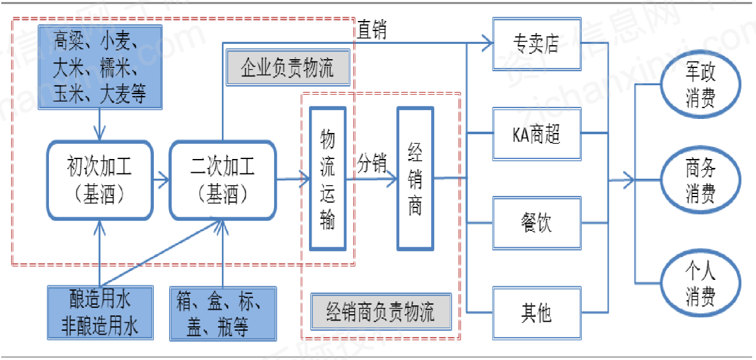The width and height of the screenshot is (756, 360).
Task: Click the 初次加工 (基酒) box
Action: point(100,181)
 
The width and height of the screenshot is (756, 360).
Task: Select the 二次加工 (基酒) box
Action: point(223,181)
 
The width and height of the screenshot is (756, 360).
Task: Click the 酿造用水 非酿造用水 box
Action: point(100,312)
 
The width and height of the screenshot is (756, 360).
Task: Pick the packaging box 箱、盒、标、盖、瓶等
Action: point(223,312)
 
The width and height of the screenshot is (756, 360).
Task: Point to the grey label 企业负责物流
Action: point(288,69)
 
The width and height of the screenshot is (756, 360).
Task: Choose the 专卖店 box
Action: point(537,44)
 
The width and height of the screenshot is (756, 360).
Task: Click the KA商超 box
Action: point(537,134)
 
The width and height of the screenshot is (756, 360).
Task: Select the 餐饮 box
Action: point(537,223)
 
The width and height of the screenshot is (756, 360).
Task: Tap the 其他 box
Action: point(537,313)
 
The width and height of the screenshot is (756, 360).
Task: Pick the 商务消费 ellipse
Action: point(701,181)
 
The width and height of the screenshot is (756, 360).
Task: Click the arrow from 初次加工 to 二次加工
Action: point(161,181)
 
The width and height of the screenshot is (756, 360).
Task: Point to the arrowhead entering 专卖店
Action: point(488,44)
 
